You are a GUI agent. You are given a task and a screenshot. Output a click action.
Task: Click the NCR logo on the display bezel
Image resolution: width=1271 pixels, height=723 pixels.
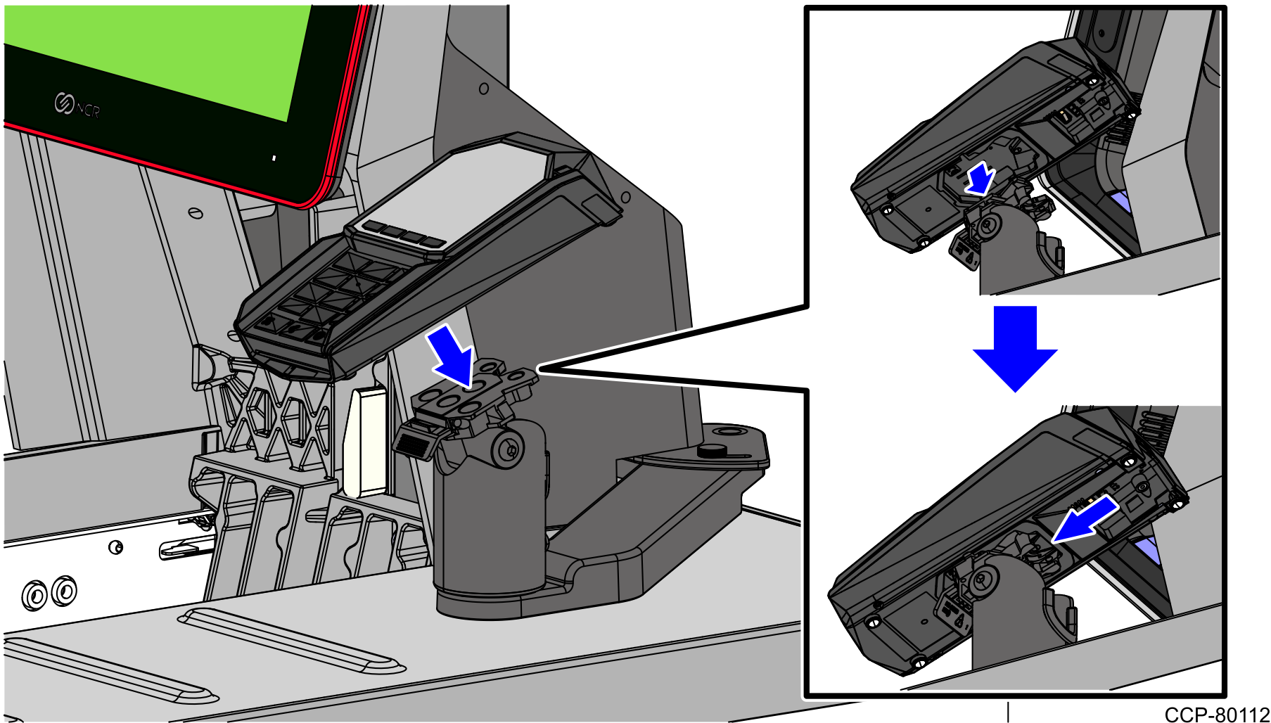pyautogui.click(x=77, y=106)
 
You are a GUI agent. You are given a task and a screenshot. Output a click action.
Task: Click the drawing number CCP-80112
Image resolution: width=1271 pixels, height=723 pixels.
pyautogui.click(x=1216, y=715)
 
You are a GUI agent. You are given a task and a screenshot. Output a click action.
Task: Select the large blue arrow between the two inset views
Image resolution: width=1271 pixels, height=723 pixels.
pyautogui.click(x=1015, y=348)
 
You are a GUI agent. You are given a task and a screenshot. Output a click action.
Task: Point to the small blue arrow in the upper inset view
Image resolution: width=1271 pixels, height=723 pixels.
pyautogui.click(x=980, y=178)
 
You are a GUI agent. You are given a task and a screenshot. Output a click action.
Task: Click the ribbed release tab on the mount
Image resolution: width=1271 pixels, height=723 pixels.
pyautogui.click(x=411, y=443)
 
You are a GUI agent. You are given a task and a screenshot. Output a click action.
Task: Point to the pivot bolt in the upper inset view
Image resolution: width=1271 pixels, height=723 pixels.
pyautogui.click(x=990, y=225)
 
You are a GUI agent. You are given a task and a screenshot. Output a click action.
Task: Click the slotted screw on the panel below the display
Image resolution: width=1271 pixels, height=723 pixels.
pyautogui.click(x=196, y=212)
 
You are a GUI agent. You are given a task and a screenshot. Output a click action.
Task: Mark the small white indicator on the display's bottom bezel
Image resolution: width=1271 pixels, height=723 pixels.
pyautogui.click(x=274, y=158)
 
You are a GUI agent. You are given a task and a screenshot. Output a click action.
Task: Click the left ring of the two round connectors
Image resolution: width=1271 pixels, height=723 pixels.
pyautogui.click(x=34, y=595)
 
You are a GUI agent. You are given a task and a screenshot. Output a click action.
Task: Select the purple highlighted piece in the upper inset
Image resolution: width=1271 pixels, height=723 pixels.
pyautogui.click(x=1120, y=201)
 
